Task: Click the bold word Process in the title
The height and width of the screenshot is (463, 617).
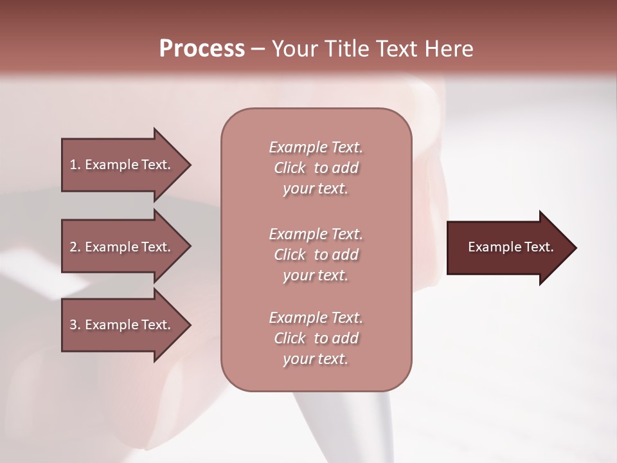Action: coord(202,49)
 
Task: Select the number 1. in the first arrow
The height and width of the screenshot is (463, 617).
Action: coord(75,165)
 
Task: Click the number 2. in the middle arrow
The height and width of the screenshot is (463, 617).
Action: coord(75,247)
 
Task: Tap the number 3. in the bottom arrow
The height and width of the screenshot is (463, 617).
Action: coord(75,325)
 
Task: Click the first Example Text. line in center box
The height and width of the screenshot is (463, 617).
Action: coord(316,147)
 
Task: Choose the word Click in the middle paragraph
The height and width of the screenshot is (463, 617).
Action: coord(290,255)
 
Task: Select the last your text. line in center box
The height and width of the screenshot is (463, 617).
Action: coord(316,359)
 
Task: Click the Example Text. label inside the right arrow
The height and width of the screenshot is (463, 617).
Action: coord(511,247)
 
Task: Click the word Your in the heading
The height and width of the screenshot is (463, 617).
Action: coord(294,49)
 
